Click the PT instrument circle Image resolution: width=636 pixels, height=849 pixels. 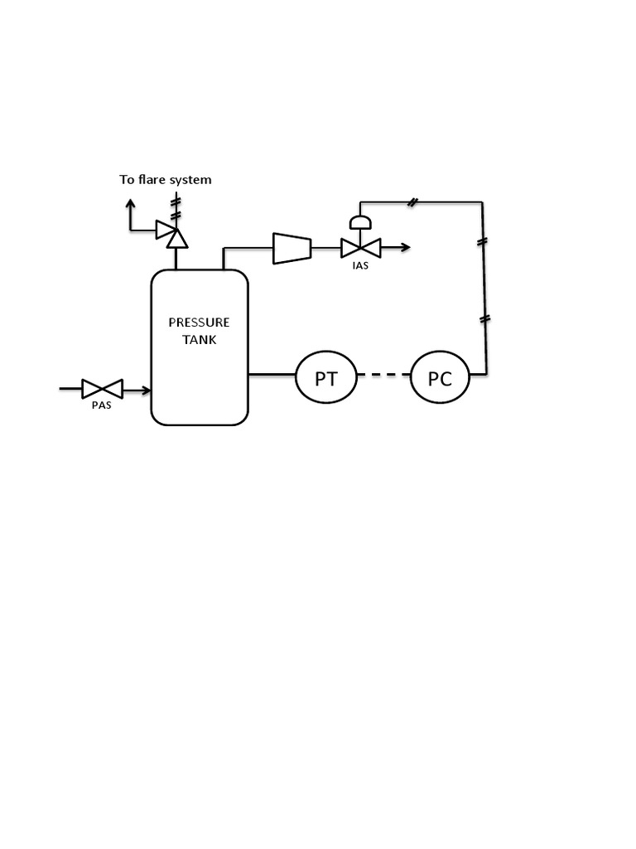pyautogui.click(x=326, y=378)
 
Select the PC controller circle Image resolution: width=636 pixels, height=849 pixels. pyautogui.click(x=440, y=378)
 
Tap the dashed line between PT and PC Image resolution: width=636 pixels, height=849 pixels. pyautogui.click(x=383, y=376)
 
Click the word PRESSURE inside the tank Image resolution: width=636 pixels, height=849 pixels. pyautogui.click(x=199, y=323)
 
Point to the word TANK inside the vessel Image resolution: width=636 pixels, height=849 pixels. pyautogui.click(x=199, y=339)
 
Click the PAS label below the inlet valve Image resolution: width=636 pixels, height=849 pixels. pyautogui.click(x=101, y=405)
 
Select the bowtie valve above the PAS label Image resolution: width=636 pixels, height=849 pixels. pyautogui.click(x=102, y=388)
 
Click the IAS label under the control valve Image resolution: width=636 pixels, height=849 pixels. pyautogui.click(x=360, y=265)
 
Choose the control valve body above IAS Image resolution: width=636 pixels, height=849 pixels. pyautogui.click(x=360, y=247)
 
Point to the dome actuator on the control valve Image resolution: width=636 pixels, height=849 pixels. pyautogui.click(x=360, y=221)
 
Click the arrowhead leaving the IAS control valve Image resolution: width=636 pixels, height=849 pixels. pyautogui.click(x=405, y=247)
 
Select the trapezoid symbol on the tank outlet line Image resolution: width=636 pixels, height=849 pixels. pyautogui.click(x=291, y=247)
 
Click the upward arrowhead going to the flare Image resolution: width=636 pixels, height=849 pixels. pyautogui.click(x=130, y=202)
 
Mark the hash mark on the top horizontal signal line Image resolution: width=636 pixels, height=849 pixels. pyautogui.click(x=412, y=202)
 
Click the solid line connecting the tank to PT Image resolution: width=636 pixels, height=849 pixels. pyautogui.click(x=272, y=375)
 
